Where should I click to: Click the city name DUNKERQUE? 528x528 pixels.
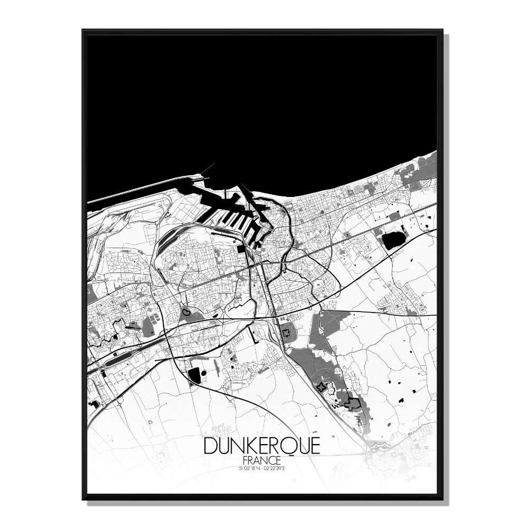point(261,446)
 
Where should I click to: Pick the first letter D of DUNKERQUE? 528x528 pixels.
point(210,446)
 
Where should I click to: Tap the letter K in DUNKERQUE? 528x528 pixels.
point(251,446)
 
